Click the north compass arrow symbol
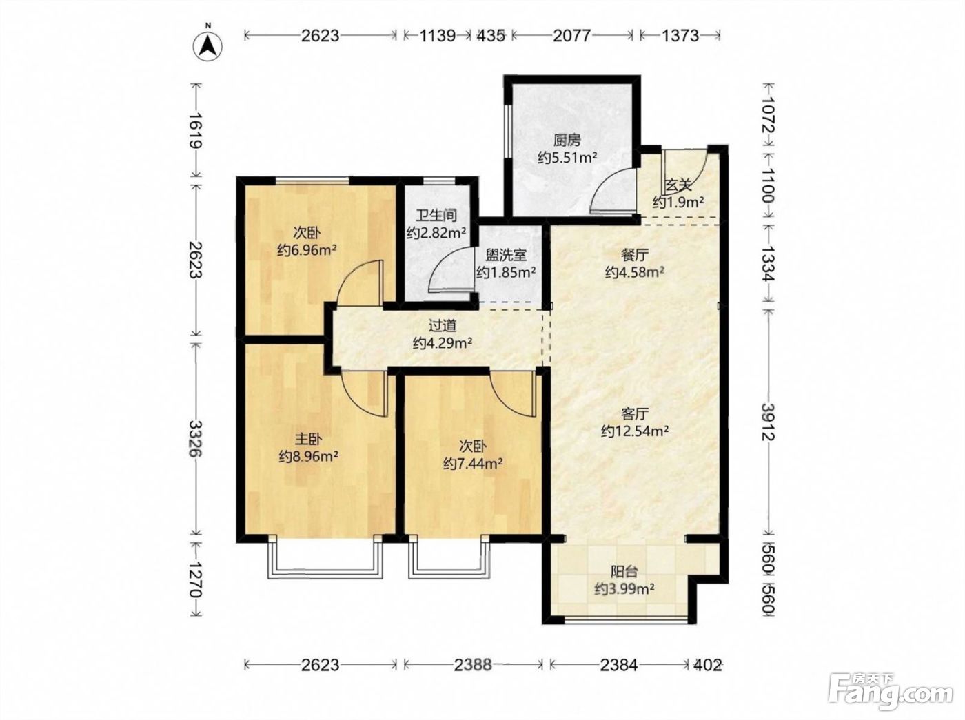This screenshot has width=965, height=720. (x=207, y=45)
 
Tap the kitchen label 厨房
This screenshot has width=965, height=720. (x=567, y=141)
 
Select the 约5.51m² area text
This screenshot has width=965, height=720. (x=567, y=157)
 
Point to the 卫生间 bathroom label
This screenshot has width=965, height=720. (x=436, y=215)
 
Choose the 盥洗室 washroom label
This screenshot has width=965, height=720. (x=506, y=255)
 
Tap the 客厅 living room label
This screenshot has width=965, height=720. (x=635, y=414)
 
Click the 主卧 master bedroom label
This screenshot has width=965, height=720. (x=308, y=440)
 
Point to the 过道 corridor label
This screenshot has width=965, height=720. (x=443, y=325)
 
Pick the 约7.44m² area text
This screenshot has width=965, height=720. (x=473, y=463)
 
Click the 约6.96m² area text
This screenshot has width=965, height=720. (x=307, y=250)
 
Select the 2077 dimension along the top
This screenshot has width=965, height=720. (x=571, y=36)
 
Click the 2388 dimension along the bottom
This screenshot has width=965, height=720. (x=473, y=665)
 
